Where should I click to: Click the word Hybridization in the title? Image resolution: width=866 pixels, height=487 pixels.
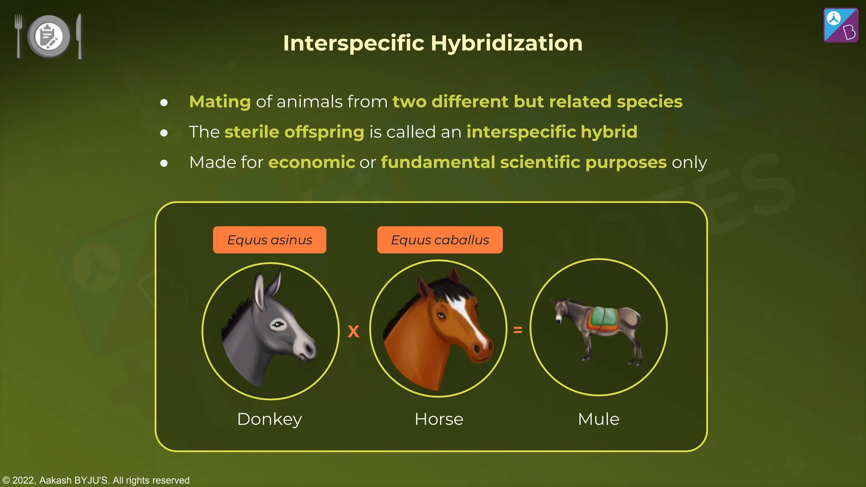click(506, 43)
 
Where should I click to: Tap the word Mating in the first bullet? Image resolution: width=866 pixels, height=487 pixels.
click(220, 102)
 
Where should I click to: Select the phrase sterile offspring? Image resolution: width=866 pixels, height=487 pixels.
click(294, 132)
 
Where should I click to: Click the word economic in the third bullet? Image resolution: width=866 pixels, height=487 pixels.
click(312, 162)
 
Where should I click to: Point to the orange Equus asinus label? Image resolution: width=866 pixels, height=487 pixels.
click(269, 240)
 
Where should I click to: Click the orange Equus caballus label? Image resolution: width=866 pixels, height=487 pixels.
click(440, 240)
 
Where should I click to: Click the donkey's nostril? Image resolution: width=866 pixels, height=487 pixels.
click(309, 349)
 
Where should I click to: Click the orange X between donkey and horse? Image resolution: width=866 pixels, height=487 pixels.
click(354, 331)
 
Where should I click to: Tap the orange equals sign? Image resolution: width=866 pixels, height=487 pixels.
click(518, 330)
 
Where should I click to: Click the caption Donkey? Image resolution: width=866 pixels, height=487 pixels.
click(269, 419)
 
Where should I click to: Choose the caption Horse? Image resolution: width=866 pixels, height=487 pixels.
click(439, 419)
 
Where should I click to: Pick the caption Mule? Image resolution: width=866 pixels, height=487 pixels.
click(598, 419)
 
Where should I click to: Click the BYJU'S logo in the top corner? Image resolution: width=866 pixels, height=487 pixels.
click(841, 25)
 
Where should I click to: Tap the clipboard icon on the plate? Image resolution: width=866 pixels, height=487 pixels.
click(48, 37)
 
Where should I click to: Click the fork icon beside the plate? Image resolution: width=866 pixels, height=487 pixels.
click(18, 36)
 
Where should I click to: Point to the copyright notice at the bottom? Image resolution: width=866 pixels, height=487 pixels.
click(96, 480)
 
